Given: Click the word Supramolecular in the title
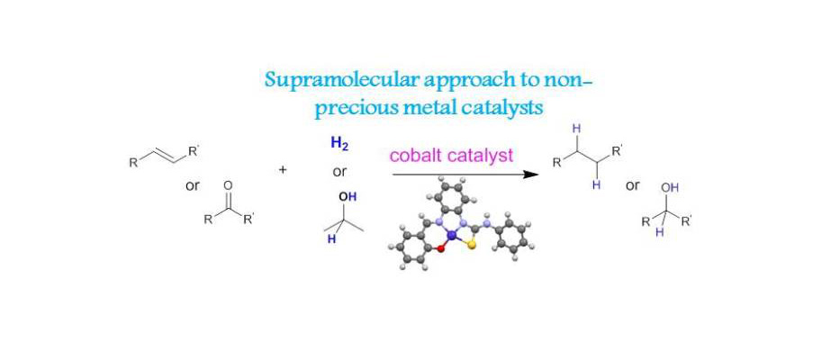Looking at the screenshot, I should [x=319, y=80].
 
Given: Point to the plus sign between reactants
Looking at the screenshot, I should [x=282, y=168].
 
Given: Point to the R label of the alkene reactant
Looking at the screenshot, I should [x=132, y=162].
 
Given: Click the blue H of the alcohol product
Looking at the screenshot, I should [x=658, y=231].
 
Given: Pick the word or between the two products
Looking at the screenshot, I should [x=632, y=185].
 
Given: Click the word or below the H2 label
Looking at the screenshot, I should [x=339, y=168].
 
